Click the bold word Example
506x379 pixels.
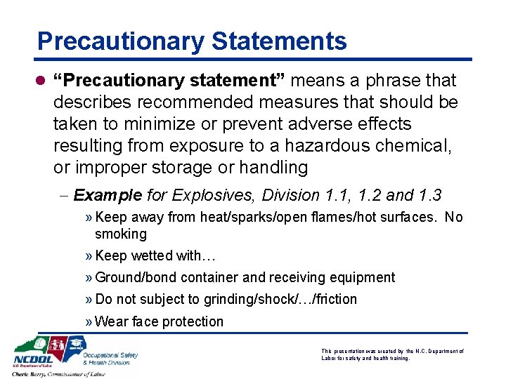pyautogui.click(x=108, y=195)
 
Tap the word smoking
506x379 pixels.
pyautogui.click(x=121, y=234)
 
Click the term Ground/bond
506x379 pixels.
pyautogui.click(x=134, y=278)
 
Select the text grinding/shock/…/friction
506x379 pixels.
pyautogui.click(x=280, y=300)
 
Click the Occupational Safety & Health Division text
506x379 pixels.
pyautogui.click(x=110, y=359)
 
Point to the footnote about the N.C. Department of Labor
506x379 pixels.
pyautogui.click(x=392, y=354)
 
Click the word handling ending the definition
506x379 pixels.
pyautogui.click(x=274, y=168)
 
